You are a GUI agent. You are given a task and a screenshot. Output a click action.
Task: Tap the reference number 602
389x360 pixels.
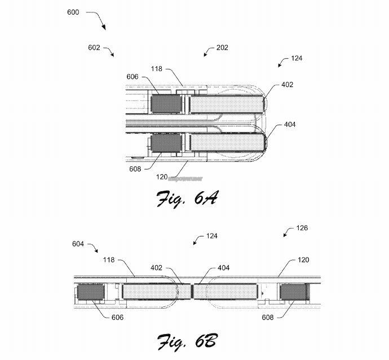coord(94,48)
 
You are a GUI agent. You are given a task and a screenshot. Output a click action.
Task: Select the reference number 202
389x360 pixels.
coord(222,48)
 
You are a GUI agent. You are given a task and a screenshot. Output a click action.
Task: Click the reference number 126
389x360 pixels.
coord(303,229)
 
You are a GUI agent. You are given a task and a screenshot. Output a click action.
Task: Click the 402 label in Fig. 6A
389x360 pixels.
coord(288,85)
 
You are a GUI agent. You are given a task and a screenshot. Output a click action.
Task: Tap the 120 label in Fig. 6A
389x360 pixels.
coord(162,177)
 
